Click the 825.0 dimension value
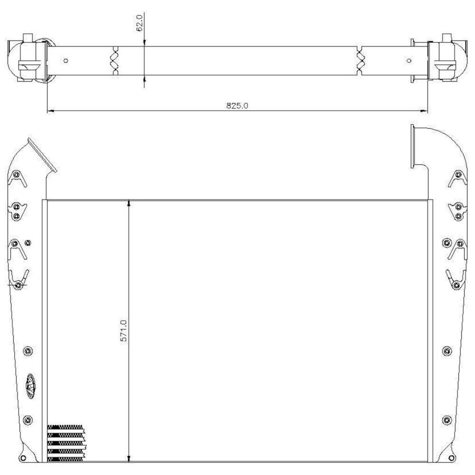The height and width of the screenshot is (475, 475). pyautogui.click(x=237, y=105)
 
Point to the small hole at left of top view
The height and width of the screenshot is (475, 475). pyautogui.click(x=66, y=60)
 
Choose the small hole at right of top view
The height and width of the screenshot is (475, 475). pyautogui.click(x=409, y=60)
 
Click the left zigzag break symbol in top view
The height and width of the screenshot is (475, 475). pyautogui.click(x=114, y=61)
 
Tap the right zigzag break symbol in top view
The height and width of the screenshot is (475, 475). pyautogui.click(x=360, y=61)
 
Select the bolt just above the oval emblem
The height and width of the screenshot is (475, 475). pyautogui.click(x=28, y=351)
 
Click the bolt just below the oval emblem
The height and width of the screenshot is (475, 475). pyautogui.click(x=28, y=420)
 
